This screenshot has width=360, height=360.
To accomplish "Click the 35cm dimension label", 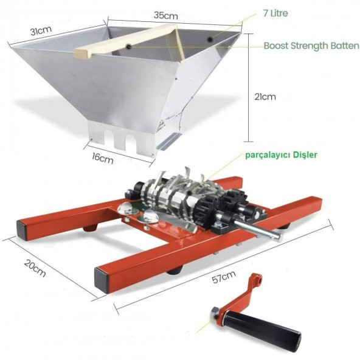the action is click(x=166, y=15).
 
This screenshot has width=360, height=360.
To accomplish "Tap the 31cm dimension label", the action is click(x=41, y=30).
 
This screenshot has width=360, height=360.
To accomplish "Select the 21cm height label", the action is click(x=265, y=97).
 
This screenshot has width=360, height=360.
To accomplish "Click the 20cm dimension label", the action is click(x=35, y=268).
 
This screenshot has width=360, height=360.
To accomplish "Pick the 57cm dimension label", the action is click(x=224, y=277).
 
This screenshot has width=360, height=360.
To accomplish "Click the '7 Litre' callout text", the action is click(x=275, y=13).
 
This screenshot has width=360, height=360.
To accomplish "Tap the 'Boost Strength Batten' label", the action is click(x=311, y=46).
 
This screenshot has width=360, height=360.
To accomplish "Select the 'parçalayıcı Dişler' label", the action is click(x=281, y=155).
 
